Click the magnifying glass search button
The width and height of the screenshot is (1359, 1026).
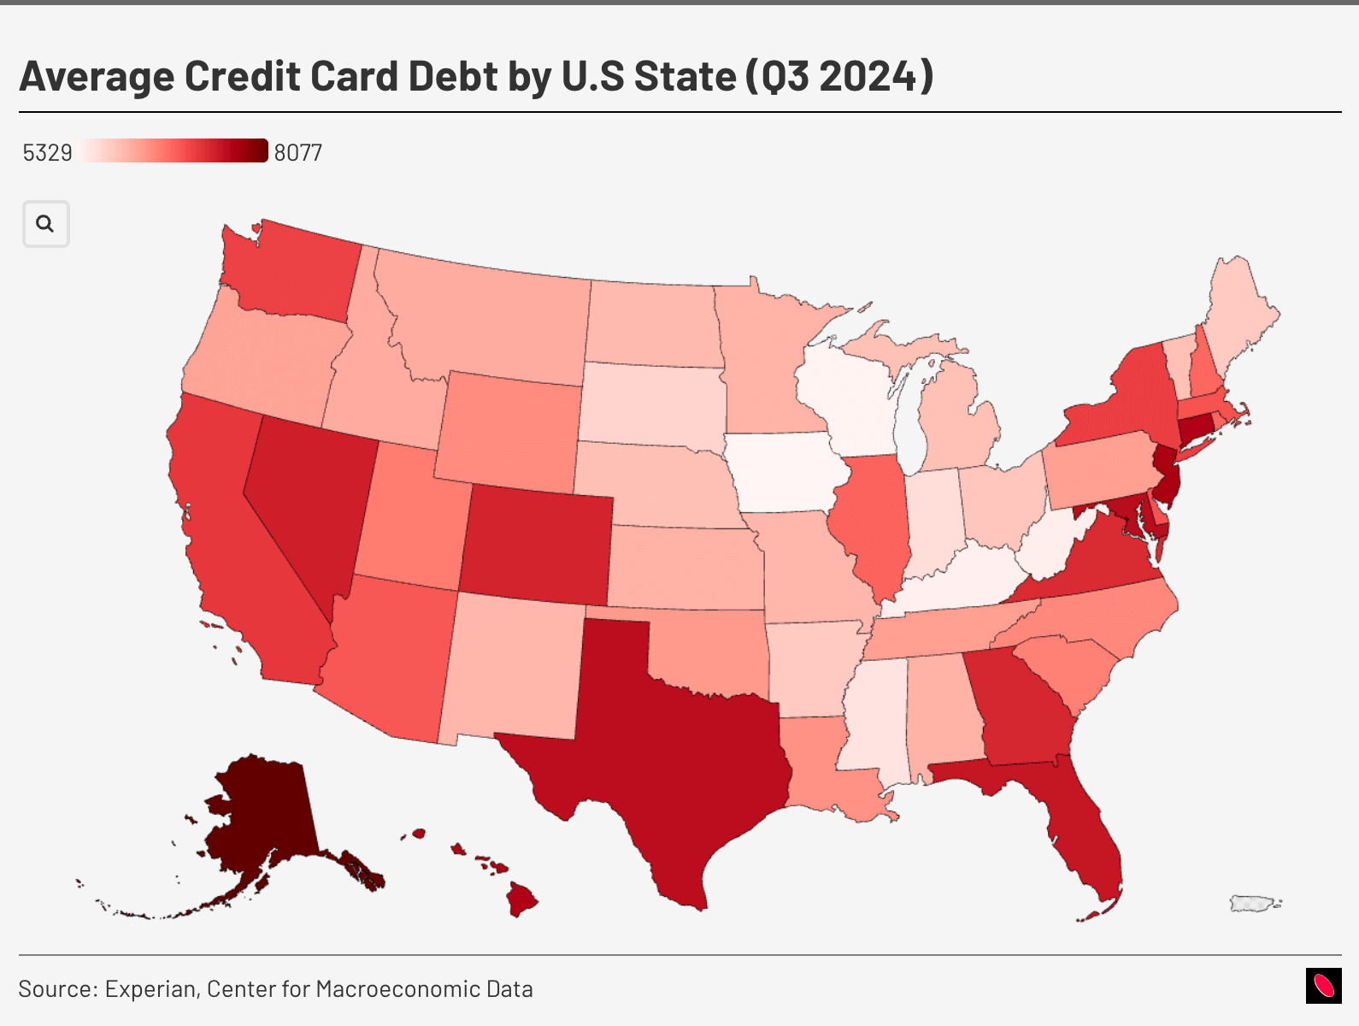[45, 224]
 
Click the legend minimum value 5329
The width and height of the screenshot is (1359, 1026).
[47, 153]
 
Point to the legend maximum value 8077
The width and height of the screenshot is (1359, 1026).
[298, 153]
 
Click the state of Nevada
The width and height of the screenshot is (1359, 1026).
[308, 496]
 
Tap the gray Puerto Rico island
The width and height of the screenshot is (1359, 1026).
[1253, 903]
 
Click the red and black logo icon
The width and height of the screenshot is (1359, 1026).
[1323, 986]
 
